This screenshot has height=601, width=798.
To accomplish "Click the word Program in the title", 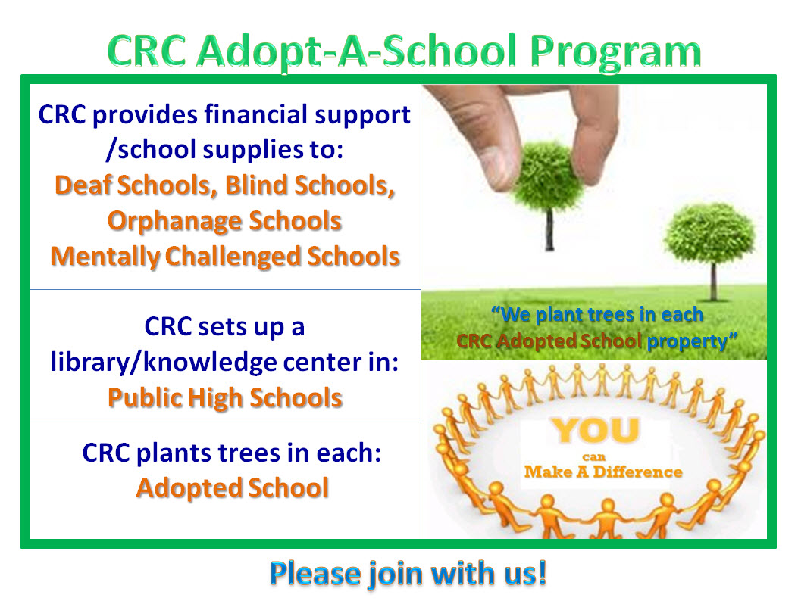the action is [615, 52].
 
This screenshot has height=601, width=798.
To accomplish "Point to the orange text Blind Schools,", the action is [310, 185].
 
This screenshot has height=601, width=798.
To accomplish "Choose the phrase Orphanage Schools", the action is [224, 221].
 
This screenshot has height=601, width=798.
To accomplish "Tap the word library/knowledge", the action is [164, 362].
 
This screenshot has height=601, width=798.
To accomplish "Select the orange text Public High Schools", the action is [225, 397].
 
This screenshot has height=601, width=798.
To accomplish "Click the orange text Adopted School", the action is [233, 488].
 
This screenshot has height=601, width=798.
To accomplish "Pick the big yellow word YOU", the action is [596, 431].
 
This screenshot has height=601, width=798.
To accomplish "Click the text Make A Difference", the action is [603, 472].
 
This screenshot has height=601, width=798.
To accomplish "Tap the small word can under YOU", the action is [594, 457].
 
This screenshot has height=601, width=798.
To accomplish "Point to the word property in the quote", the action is [687, 341].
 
